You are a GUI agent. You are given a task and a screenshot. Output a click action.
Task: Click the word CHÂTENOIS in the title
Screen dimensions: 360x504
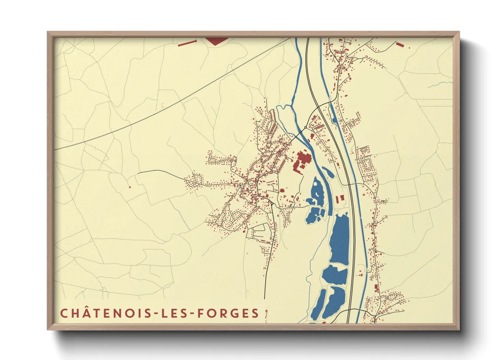[105, 313]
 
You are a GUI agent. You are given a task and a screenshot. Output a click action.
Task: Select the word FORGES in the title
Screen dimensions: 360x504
[228, 313]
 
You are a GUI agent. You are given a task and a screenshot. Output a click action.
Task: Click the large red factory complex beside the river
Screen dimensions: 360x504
[302, 161]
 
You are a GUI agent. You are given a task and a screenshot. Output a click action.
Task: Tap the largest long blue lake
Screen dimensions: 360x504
[340, 239]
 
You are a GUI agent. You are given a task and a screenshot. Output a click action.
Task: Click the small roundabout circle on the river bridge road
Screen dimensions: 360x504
[305, 128]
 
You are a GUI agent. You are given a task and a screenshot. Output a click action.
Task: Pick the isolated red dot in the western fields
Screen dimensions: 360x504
[130, 187]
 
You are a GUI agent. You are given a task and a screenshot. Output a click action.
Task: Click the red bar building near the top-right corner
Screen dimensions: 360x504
[399, 44]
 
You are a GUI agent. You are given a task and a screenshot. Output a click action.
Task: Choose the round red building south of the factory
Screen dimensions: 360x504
[282, 191]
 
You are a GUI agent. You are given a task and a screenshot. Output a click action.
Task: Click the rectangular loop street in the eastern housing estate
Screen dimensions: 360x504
[367, 165]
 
